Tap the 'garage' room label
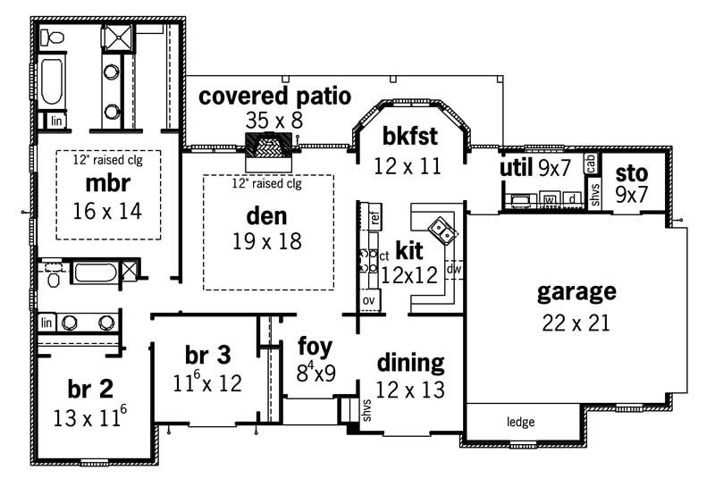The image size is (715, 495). (576, 292)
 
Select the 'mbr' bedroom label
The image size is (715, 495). (108, 184)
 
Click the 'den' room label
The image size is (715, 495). (266, 215)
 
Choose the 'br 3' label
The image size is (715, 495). (208, 355)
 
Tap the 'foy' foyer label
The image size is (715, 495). (315, 345)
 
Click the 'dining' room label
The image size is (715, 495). (410, 363)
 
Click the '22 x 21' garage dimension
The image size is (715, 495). (576, 323)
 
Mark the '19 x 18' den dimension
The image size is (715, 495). (266, 241)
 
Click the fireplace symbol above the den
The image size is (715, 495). (269, 143)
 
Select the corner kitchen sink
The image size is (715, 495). (442, 231)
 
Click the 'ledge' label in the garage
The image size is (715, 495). (520, 422)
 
